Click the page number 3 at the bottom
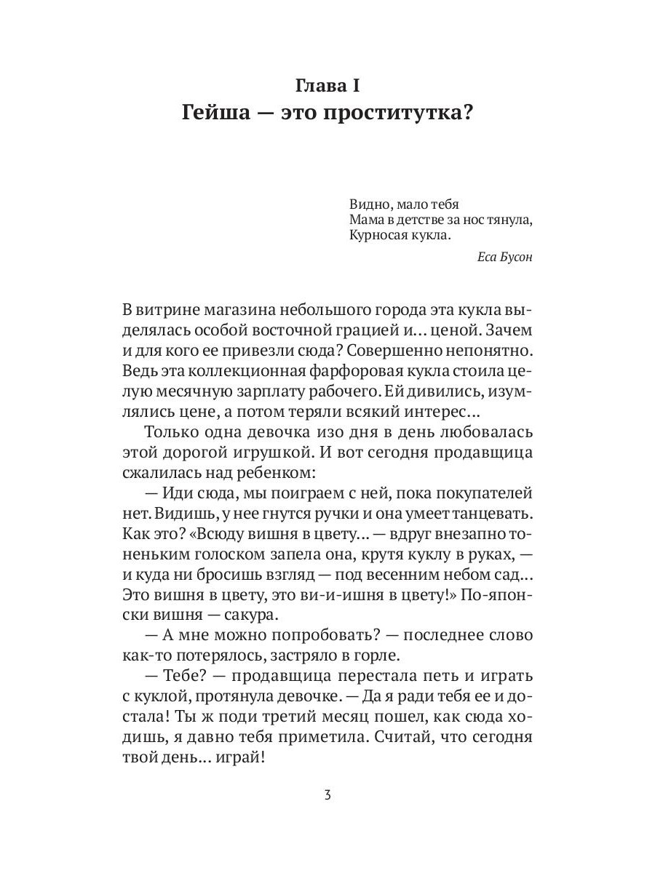pyautogui.click(x=327, y=795)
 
